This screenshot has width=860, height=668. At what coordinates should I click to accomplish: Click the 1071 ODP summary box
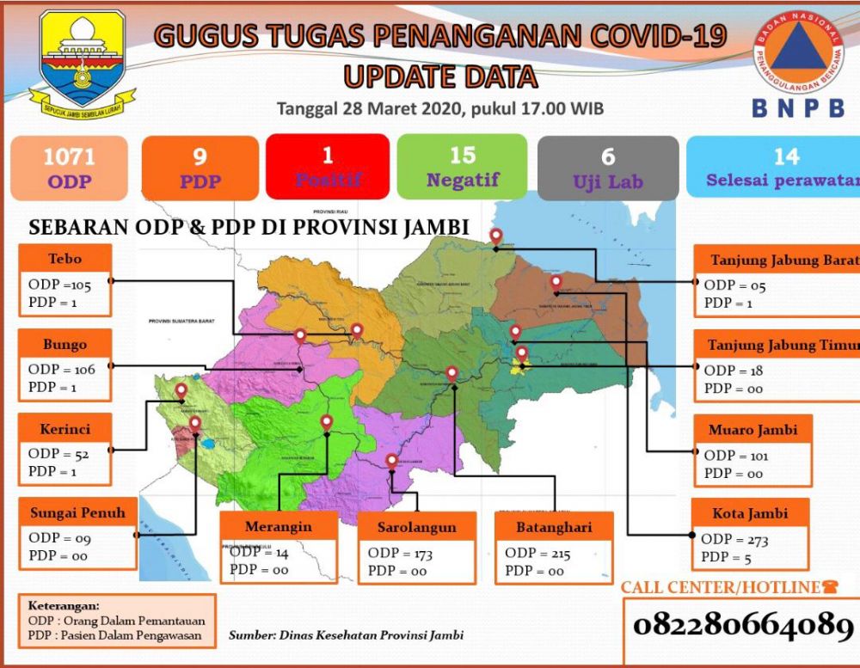(x=70, y=168)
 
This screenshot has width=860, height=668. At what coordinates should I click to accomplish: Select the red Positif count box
(x=328, y=168)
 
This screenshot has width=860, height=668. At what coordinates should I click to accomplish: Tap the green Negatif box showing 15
(x=462, y=168)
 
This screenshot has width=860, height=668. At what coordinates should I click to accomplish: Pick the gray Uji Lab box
(x=608, y=168)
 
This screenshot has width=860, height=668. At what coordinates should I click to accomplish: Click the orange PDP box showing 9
(x=200, y=168)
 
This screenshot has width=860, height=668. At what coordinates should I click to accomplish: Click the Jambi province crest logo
(x=82, y=60)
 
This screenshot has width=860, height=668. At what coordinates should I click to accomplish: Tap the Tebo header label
(x=66, y=259)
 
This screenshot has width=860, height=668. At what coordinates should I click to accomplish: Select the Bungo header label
(x=66, y=344)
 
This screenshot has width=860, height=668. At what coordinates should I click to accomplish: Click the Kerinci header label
(x=65, y=428)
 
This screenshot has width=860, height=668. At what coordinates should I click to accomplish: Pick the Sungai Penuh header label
(x=78, y=513)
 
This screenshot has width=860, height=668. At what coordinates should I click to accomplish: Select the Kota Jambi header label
(x=750, y=513)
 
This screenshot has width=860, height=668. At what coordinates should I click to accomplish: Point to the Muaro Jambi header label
(x=752, y=429)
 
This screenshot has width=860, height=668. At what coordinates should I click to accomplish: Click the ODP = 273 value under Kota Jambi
(x=735, y=540)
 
